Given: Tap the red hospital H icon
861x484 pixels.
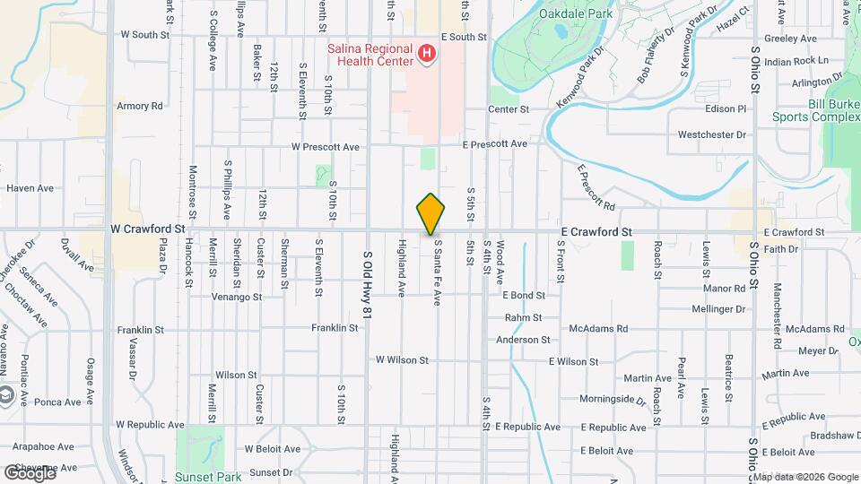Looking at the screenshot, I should click(427, 54).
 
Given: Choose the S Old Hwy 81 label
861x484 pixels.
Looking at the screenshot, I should click(368, 286).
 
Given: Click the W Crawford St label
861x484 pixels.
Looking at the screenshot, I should click(147, 229).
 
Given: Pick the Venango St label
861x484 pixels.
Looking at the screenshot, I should click(237, 296).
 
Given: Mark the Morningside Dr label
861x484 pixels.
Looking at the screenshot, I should click(613, 399).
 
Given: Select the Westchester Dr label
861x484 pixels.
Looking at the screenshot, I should click(712, 135).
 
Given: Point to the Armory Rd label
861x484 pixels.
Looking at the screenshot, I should click(140, 106).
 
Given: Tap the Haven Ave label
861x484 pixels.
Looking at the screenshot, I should click(30, 188).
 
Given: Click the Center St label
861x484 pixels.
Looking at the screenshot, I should click(509, 109).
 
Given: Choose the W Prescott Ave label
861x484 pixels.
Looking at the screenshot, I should click(326, 147).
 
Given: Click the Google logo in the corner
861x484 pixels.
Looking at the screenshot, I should click(29, 472).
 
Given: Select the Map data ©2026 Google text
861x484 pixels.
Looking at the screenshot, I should click(805, 477).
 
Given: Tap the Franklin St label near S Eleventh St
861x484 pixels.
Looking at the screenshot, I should click(335, 328).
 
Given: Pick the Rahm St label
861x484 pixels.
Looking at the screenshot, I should click(524, 317).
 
